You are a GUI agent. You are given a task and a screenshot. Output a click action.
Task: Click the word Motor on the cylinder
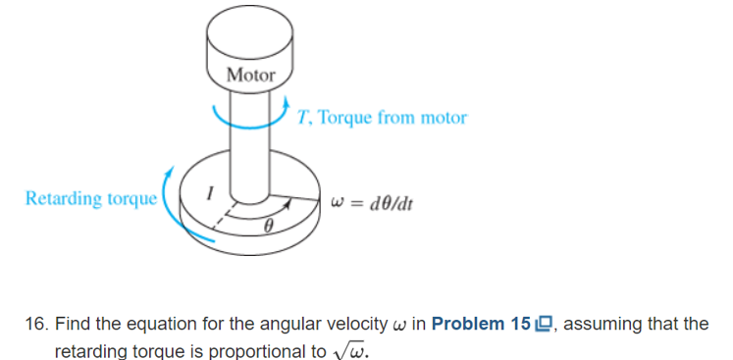pos(251,75)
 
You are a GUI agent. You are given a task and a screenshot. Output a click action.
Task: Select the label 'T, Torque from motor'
pos(381,118)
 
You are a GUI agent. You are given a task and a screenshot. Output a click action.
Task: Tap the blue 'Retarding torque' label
pos(90,199)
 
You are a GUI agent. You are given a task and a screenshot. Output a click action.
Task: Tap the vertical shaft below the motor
pos(251,147)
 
